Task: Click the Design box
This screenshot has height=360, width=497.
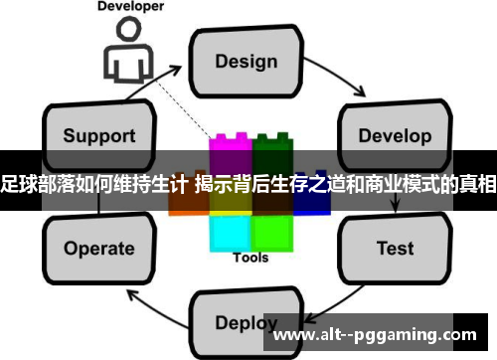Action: (248, 61)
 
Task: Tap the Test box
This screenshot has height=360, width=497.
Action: (395, 247)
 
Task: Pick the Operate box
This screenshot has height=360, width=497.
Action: (98, 248)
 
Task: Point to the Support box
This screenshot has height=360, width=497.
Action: (98, 133)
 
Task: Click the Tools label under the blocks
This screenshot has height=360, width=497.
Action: (250, 258)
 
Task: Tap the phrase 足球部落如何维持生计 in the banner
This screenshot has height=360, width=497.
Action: (94, 183)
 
